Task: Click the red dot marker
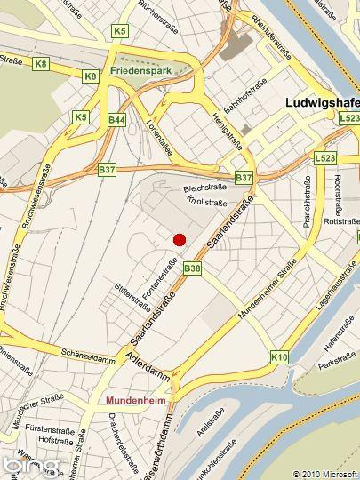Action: coord(179,239)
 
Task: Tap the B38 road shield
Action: coord(192,268)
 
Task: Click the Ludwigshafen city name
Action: coord(321,102)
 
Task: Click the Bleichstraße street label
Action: coord(204,188)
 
